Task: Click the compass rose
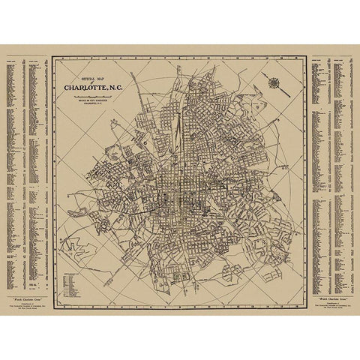click(274, 82)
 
